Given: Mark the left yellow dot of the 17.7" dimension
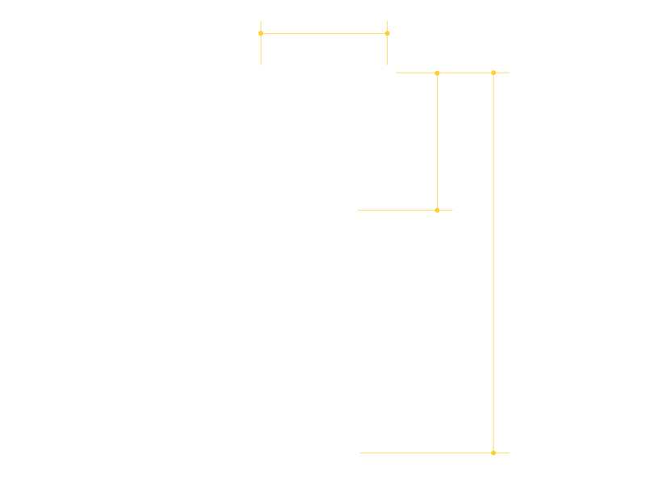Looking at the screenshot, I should click(x=261, y=33).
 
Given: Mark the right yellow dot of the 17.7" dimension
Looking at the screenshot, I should click(x=388, y=33).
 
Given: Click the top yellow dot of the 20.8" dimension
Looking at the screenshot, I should click(x=437, y=73).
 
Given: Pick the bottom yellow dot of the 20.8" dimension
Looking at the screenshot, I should click(x=437, y=210).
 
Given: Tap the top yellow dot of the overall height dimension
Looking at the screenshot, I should click(x=493, y=73).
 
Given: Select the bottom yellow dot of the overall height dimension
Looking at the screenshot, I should click(x=493, y=453).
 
